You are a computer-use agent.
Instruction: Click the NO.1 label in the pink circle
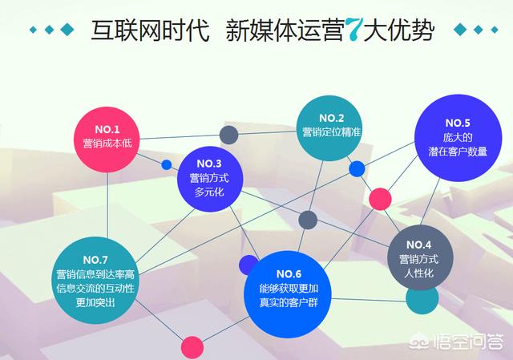pyautogui.click(x=107, y=129)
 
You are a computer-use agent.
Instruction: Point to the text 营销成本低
pyautogui.click(x=107, y=144)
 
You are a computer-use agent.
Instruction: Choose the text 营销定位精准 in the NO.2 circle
pyautogui.click(x=329, y=131)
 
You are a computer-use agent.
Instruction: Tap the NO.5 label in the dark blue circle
pyautogui.click(x=456, y=123)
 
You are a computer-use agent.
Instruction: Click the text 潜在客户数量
pyautogui.click(x=456, y=152)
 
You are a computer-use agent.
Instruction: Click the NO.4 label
pyautogui.click(x=418, y=244)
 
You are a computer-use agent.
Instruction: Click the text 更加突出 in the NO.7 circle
pyautogui.click(x=95, y=302)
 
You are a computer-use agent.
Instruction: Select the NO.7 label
pyautogui.click(x=95, y=260)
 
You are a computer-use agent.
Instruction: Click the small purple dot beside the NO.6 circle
pyautogui.click(x=248, y=265)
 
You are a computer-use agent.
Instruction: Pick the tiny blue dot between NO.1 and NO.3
pyautogui.click(x=167, y=165)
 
